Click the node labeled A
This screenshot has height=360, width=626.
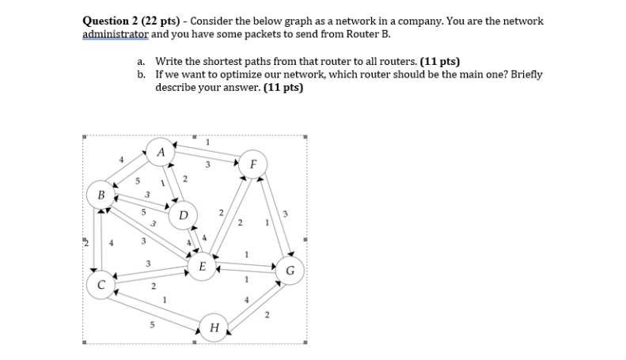point(161,151)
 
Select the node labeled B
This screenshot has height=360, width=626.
point(101,194)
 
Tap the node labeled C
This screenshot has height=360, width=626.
point(101,283)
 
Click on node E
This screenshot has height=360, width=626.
point(203,267)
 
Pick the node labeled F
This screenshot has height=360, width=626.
point(252,165)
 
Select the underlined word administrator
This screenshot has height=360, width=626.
point(115,34)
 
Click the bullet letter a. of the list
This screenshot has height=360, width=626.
point(140,61)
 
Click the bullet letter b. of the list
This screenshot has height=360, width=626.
point(140,74)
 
